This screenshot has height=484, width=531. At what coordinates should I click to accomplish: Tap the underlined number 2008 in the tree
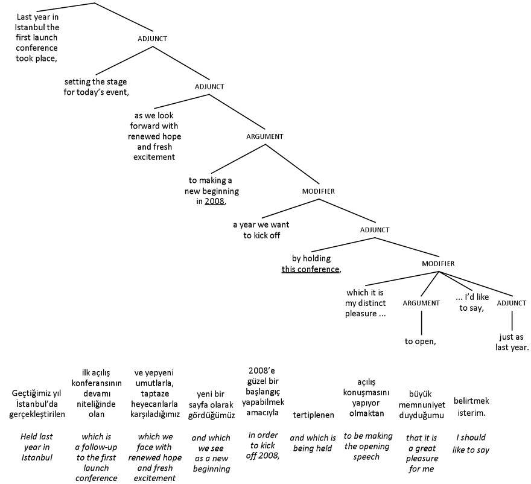coord(214,202)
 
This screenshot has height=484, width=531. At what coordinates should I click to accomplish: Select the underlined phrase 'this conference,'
coord(311,269)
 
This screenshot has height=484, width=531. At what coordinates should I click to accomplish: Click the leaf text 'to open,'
coord(421,341)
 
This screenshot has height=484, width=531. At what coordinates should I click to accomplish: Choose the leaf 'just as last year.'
coord(512,342)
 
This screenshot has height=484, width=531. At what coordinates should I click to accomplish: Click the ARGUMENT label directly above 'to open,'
coord(421,303)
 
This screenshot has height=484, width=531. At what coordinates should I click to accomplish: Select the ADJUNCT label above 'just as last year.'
coord(512,303)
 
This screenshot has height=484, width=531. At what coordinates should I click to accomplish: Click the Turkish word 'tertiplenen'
coord(313,415)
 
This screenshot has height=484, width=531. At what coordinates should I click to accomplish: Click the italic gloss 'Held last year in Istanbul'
coord(37,447)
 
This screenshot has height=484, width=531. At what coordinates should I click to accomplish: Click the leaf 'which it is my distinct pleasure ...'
coord(365,303)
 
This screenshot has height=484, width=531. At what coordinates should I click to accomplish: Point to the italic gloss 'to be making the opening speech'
coord(368,446)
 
